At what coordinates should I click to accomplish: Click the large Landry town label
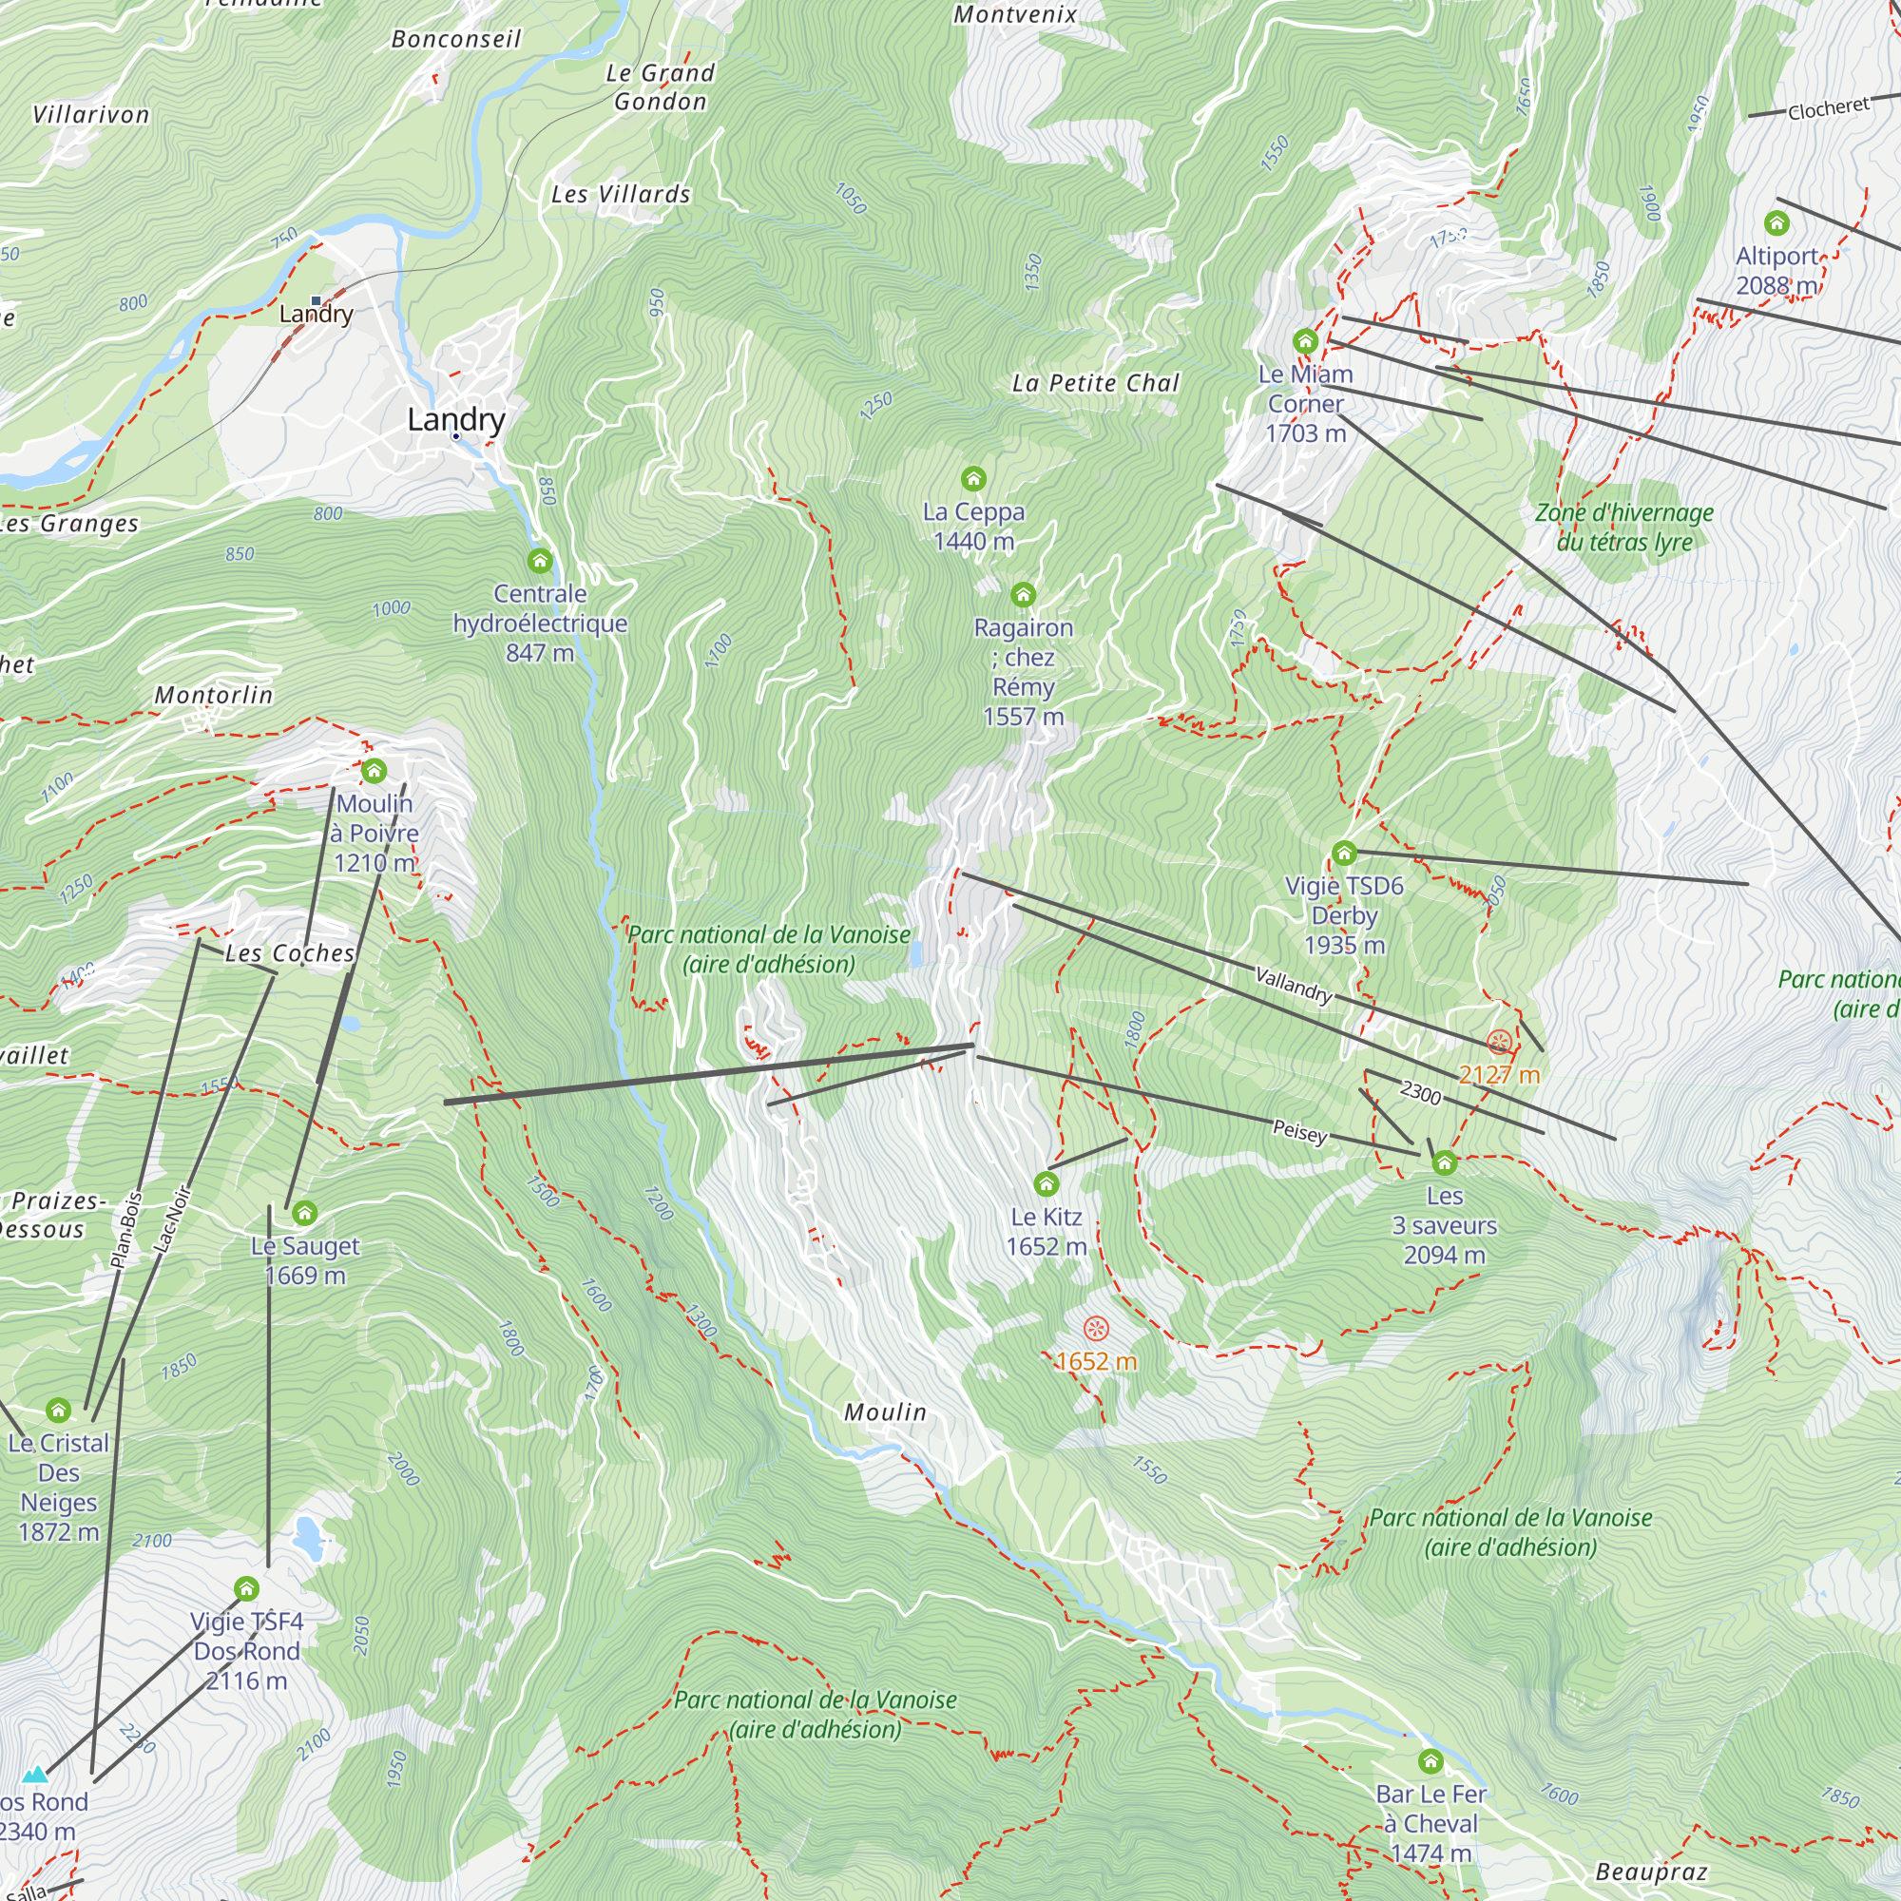[455, 419]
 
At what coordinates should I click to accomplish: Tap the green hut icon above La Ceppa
[973, 479]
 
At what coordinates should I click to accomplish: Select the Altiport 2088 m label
[1776, 271]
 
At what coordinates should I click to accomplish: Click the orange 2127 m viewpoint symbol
[1499, 1042]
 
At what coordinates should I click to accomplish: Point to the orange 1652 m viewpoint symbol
[1096, 1330]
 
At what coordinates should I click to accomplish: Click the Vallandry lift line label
[1294, 984]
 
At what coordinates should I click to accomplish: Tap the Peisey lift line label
[1298, 1130]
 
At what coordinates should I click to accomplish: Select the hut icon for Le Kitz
[1046, 1183]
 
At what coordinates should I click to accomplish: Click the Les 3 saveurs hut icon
[1444, 1163]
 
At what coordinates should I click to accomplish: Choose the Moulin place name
[885, 1412]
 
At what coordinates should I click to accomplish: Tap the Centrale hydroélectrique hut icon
[539, 561]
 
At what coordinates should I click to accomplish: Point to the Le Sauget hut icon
[305, 1213]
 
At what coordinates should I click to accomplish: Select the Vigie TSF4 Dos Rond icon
[246, 1589]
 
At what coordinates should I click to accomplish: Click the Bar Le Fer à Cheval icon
[1431, 1761]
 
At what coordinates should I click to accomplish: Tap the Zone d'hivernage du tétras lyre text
[1623, 528]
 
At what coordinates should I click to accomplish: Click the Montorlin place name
[214, 695]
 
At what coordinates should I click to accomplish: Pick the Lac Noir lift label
[173, 1220]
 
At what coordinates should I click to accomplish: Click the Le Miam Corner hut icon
[1305, 341]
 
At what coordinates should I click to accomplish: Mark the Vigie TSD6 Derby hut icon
[1344, 854]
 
